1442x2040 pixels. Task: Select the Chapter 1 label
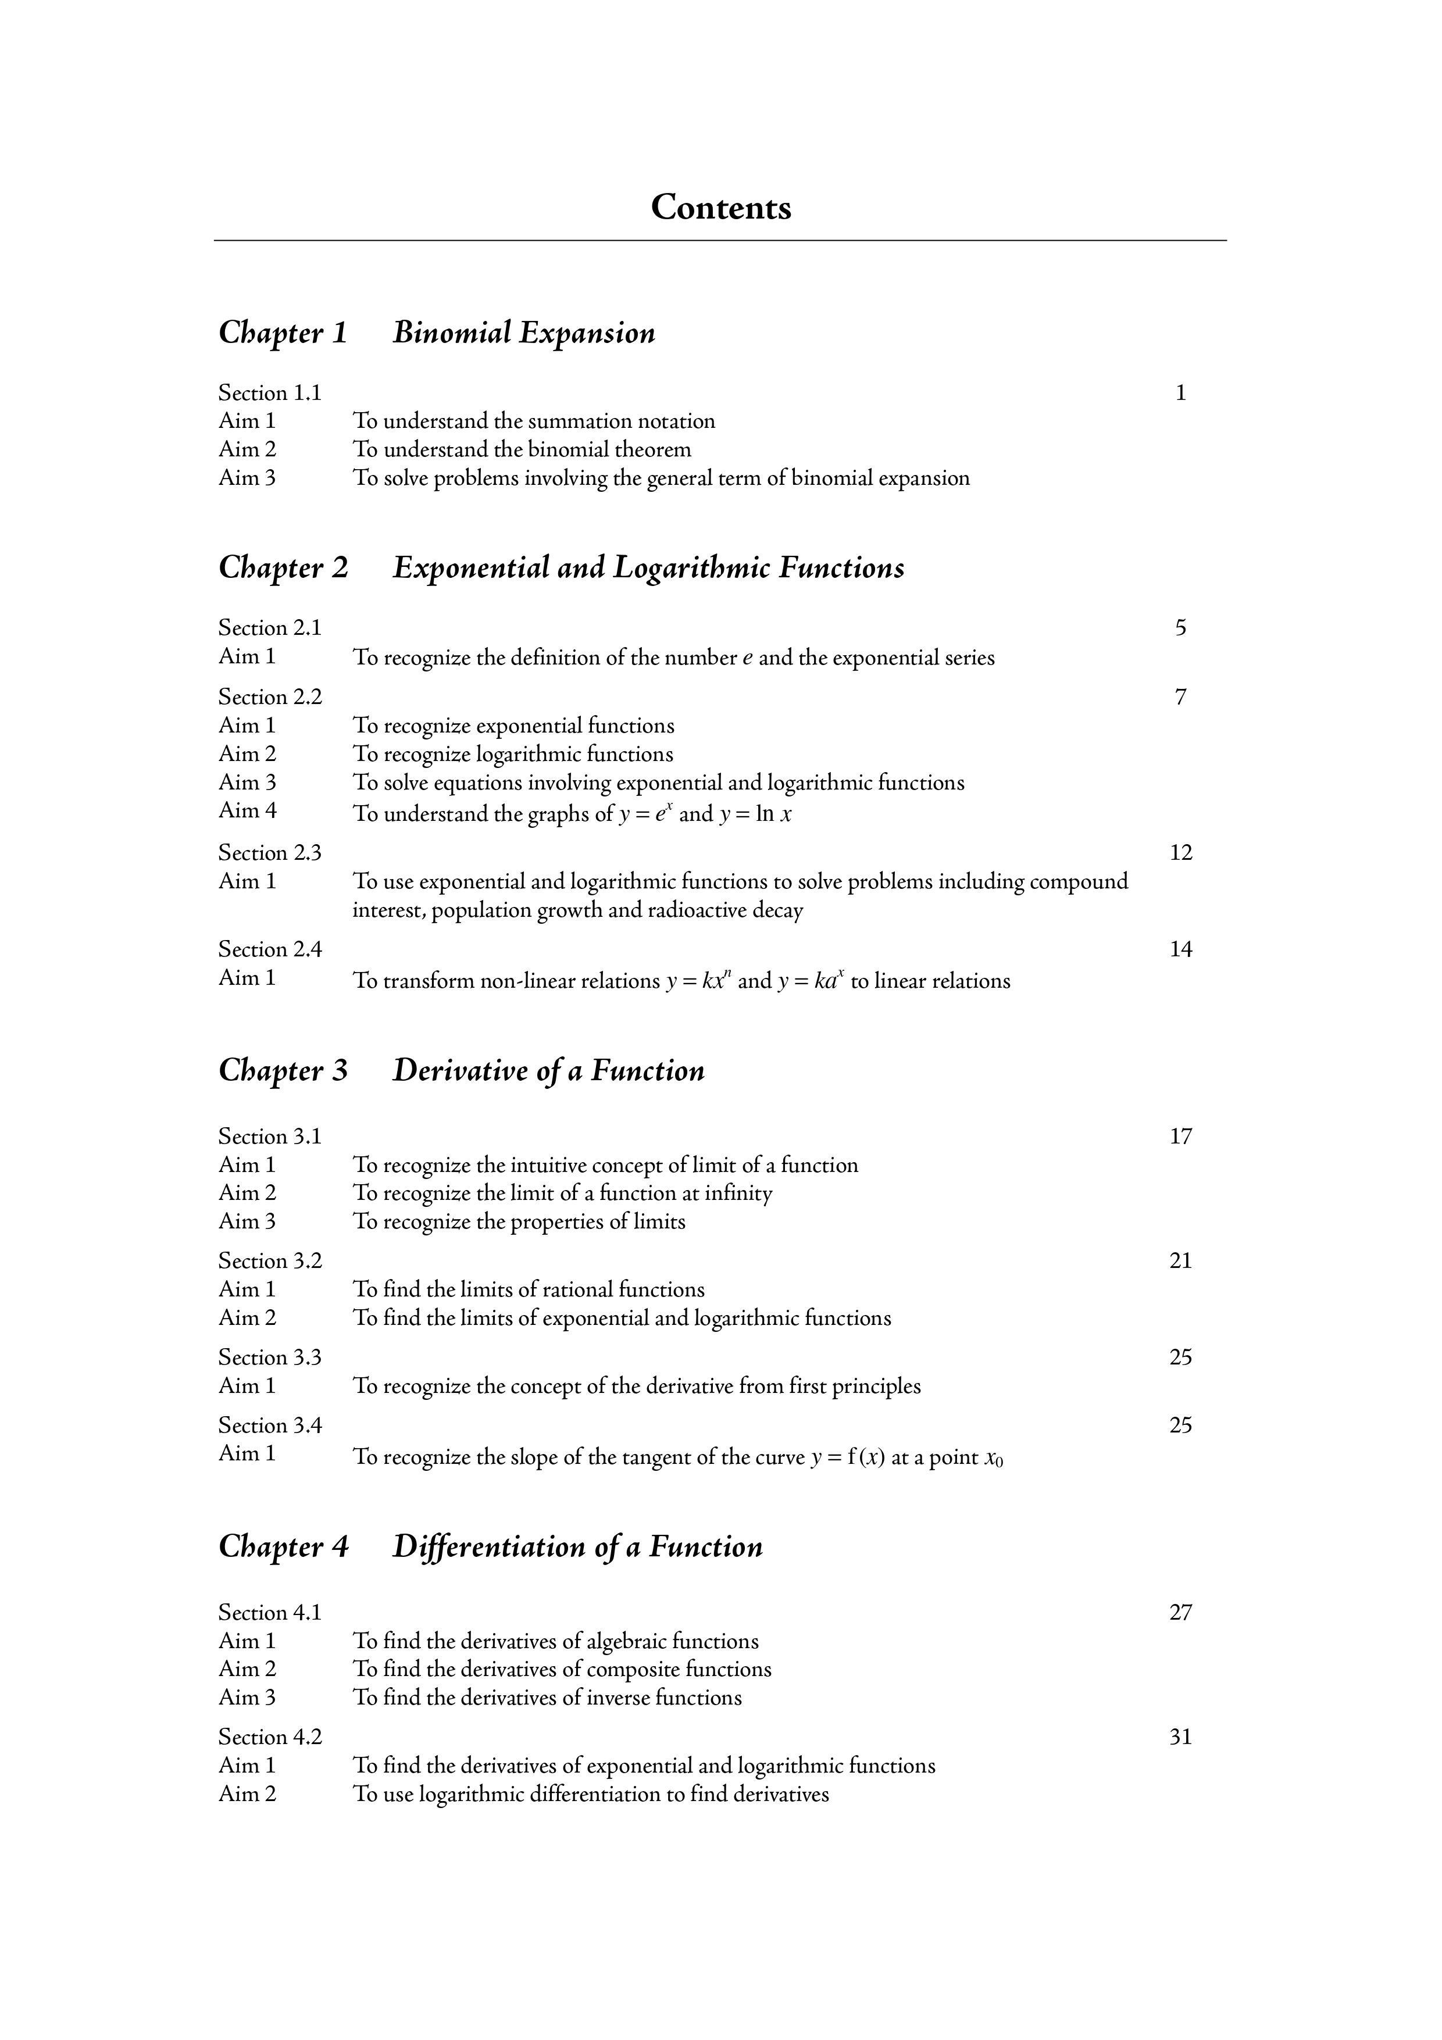click(283, 333)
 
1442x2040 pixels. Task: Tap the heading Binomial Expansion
click(524, 333)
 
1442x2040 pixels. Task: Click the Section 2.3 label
click(270, 852)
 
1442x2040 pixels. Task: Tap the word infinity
click(738, 1194)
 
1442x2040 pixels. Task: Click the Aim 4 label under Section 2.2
click(247, 810)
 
